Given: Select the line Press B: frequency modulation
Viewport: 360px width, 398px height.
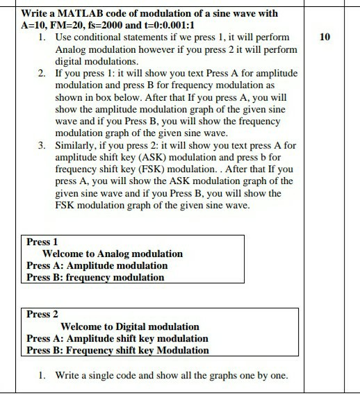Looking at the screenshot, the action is coord(95,277).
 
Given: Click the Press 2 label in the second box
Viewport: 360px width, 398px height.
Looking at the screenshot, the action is coord(42,314).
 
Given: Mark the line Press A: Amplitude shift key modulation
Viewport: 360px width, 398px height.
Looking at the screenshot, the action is coord(117,338).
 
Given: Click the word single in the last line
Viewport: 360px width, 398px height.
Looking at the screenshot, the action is coord(102,375).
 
